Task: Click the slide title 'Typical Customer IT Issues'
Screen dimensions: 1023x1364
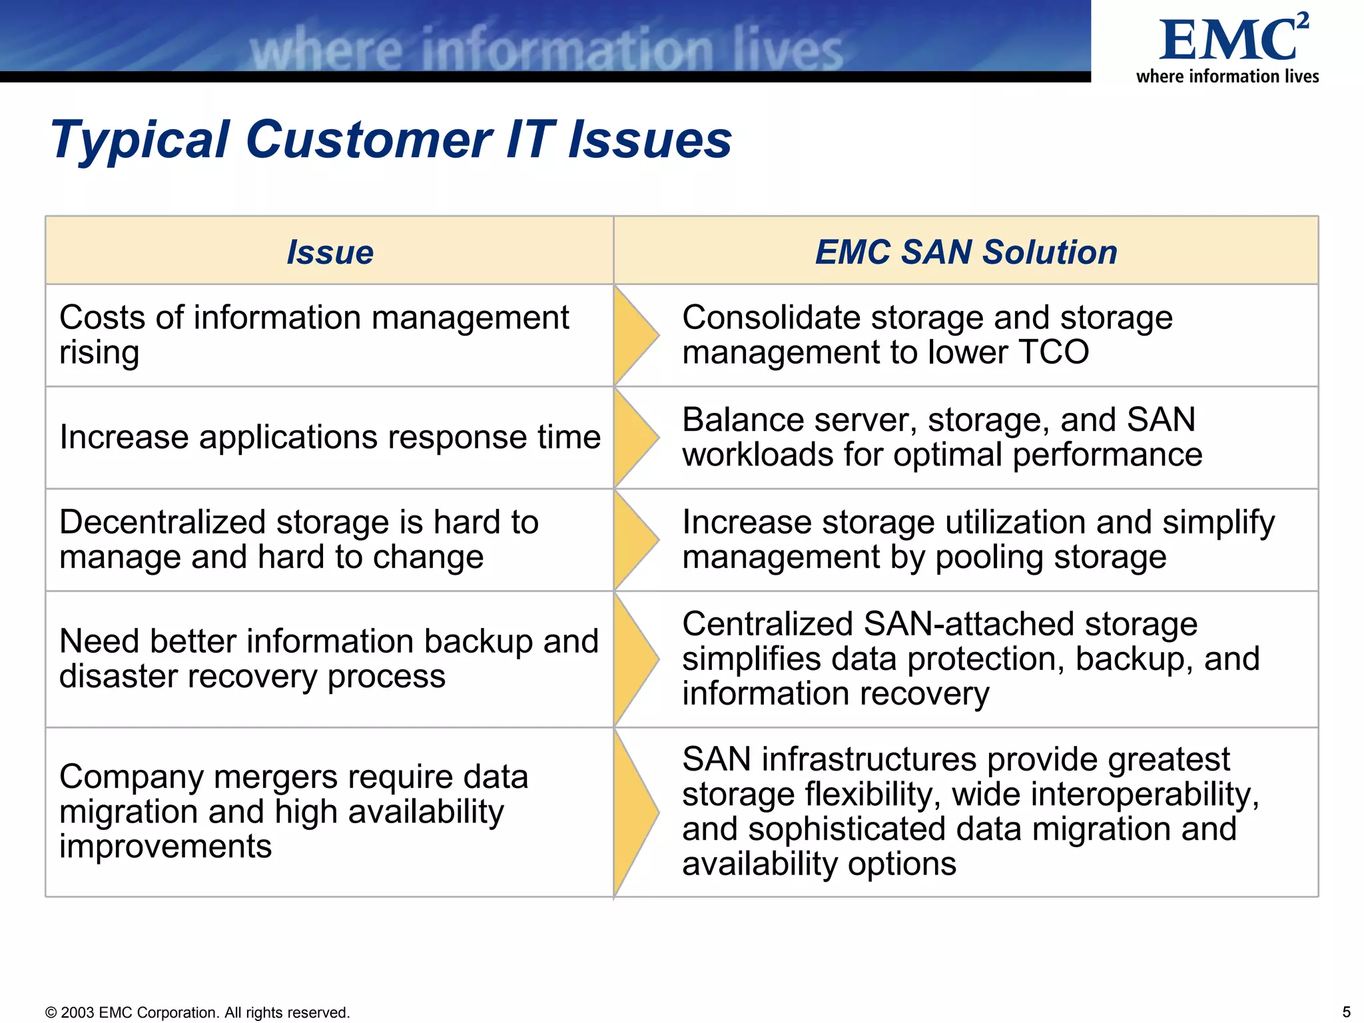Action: (x=391, y=140)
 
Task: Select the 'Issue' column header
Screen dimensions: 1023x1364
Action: (x=330, y=252)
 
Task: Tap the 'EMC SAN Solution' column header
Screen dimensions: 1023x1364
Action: (x=966, y=252)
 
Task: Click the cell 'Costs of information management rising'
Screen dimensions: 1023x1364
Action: (x=314, y=335)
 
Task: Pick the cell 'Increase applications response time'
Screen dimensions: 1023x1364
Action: (x=330, y=438)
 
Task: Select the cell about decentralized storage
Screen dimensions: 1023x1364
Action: (x=299, y=539)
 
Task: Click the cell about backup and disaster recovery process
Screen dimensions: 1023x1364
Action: (x=328, y=659)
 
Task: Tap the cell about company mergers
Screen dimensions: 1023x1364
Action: (x=294, y=811)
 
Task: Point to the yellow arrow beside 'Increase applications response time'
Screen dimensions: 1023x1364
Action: (x=635, y=438)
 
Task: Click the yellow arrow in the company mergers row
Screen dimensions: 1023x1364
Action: (x=635, y=812)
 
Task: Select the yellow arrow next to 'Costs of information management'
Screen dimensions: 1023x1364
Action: (x=635, y=335)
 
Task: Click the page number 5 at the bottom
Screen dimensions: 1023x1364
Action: (x=1346, y=1012)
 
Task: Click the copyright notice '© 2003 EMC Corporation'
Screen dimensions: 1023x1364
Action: (x=197, y=1012)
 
